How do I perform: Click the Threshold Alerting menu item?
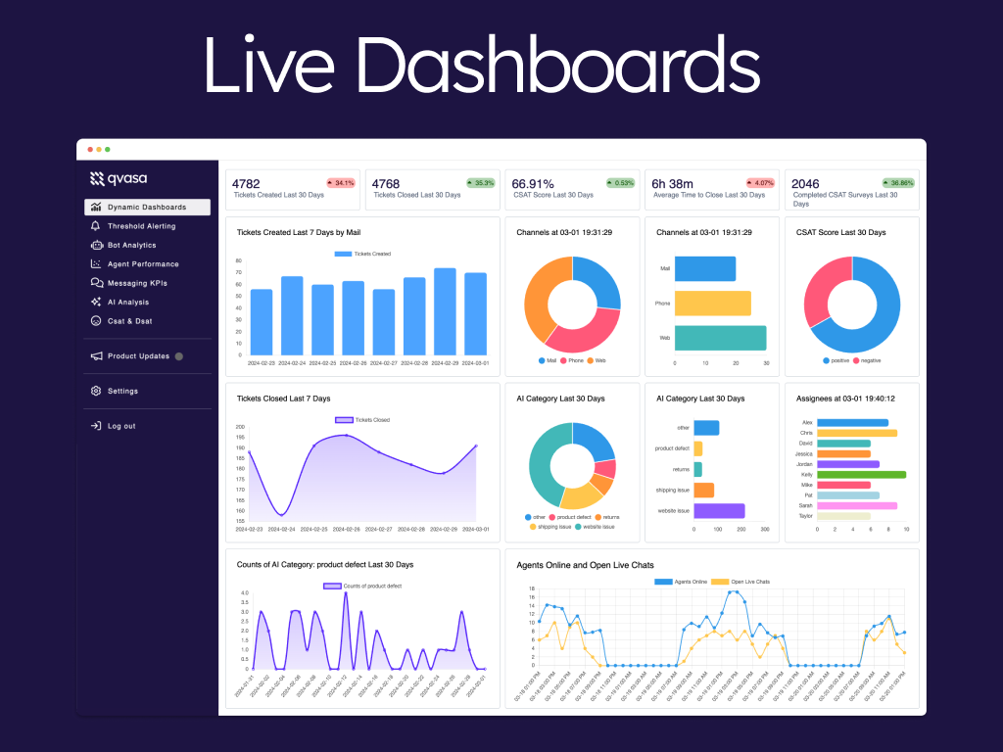141,226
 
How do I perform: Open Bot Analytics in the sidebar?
131,245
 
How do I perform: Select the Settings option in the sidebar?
122,391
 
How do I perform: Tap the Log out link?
121,426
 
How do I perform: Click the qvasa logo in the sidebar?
119,178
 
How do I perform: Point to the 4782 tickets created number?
246,183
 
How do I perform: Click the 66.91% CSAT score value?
533,183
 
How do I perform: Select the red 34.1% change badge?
341,182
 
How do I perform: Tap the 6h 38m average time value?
673,183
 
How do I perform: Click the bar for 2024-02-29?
445,311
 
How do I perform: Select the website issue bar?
719,510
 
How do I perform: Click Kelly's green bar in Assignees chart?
861,474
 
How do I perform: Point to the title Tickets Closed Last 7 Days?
283,399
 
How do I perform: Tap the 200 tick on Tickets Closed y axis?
240,427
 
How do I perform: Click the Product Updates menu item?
138,356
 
